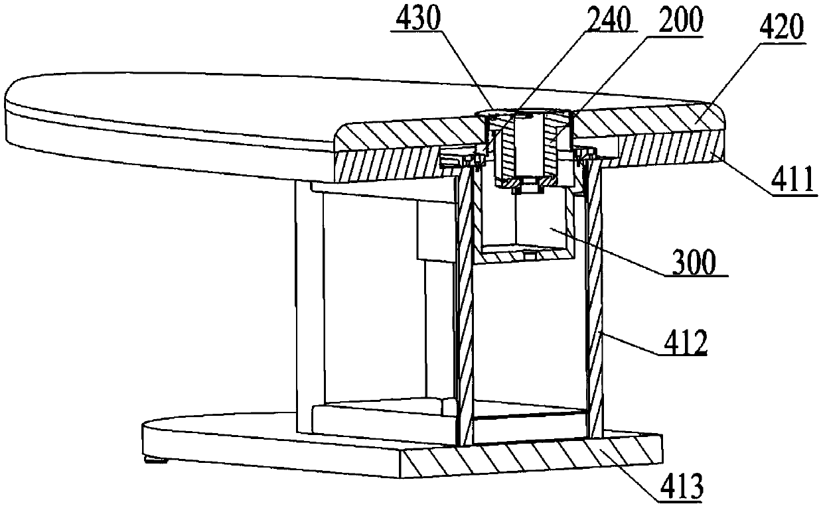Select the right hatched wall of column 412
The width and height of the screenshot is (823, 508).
point(595,305)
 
